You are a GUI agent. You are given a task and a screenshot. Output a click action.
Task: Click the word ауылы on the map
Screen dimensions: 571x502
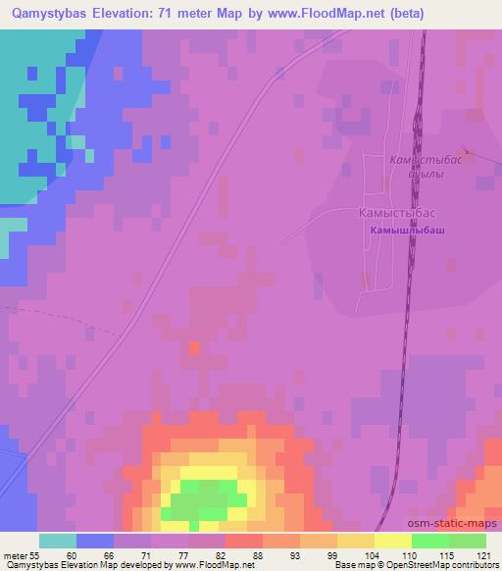coord(427,174)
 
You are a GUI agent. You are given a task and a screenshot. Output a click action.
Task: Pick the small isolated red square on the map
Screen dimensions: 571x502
coord(193,348)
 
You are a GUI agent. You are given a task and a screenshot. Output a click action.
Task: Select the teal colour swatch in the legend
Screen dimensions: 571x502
coord(58,541)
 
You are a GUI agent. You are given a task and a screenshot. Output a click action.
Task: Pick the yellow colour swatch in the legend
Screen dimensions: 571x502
coord(392,541)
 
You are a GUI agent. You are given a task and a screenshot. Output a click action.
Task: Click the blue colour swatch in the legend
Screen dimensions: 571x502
coord(95,541)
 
